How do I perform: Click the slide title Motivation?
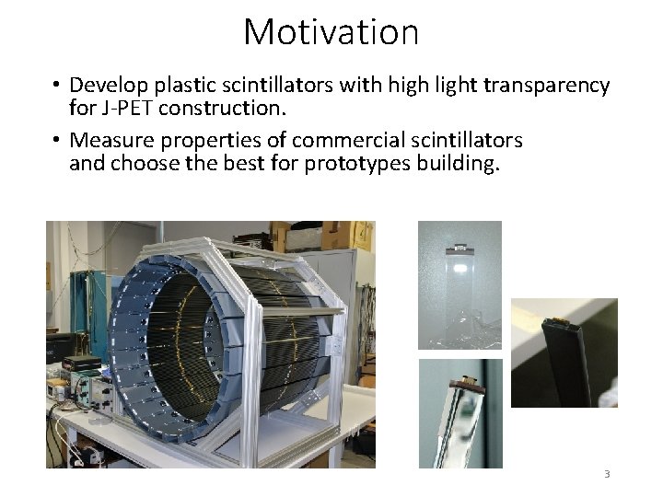click(x=331, y=32)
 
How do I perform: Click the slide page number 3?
click(x=606, y=474)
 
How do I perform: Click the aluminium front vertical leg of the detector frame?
click(x=332, y=387)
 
